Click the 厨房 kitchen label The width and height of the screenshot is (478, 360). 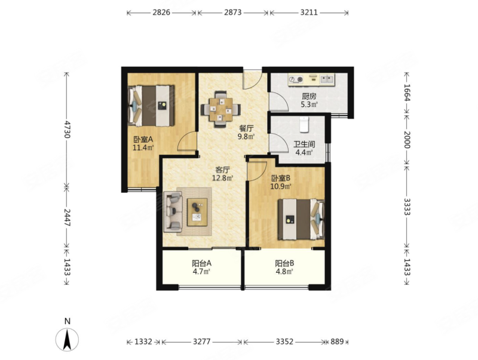(x=309, y=97)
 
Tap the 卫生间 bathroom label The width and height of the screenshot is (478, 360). (x=304, y=144)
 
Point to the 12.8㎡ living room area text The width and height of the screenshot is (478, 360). (x=222, y=178)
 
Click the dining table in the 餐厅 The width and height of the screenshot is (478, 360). (x=220, y=109)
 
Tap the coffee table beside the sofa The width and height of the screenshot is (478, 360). (x=197, y=212)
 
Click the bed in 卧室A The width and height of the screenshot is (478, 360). (x=151, y=106)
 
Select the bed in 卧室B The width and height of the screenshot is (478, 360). (x=301, y=219)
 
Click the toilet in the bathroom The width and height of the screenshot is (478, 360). (x=304, y=125)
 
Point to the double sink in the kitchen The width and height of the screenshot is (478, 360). (x=327, y=79)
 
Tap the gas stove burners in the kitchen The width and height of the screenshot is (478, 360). (x=296, y=79)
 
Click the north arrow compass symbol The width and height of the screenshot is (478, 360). (x=67, y=339)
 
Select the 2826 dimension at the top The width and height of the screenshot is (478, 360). (x=161, y=13)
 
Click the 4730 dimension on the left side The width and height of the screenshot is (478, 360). (x=67, y=130)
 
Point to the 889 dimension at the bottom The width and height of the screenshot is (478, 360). (x=337, y=341)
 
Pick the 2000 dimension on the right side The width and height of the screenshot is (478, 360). (x=407, y=140)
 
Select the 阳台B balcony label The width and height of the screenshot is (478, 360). (x=284, y=263)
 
